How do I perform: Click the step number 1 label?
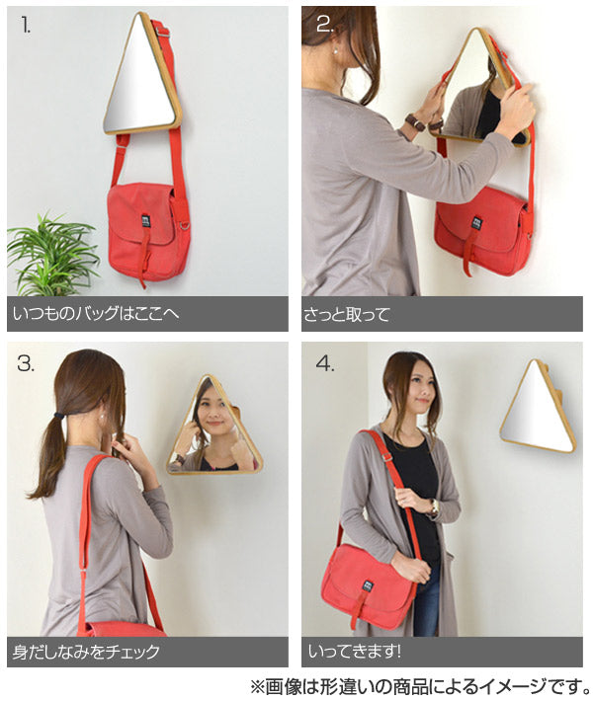click(x=26, y=26)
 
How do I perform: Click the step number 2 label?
click(x=325, y=25)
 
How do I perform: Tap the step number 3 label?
click(x=26, y=363)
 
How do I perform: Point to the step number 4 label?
click(x=325, y=363)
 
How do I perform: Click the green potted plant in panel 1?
click(x=52, y=255)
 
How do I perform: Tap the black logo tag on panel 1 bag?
click(x=145, y=222)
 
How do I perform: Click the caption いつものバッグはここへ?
click(x=96, y=313)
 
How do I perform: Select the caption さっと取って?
click(x=346, y=314)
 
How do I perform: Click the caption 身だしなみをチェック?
click(x=86, y=652)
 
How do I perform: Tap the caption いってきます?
click(x=354, y=652)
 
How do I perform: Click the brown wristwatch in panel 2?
click(x=415, y=121)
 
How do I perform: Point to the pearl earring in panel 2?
click(x=334, y=52)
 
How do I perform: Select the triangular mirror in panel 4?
click(x=538, y=406)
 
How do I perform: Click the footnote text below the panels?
click(x=421, y=686)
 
